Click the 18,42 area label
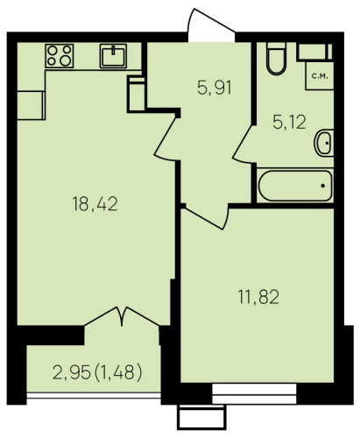pyautogui.click(x=95, y=204)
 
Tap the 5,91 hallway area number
pyautogui.click(x=215, y=88)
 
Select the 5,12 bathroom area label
pyautogui.click(x=289, y=122)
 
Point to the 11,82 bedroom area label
pyautogui.click(x=258, y=297)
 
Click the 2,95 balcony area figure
pyautogui.click(x=72, y=373)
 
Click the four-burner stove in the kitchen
pyautogui.click(x=60, y=56)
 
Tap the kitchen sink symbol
pyautogui.click(x=113, y=56)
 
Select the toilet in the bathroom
pyautogui.click(x=276, y=58)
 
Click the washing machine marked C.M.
pyautogui.click(x=320, y=75)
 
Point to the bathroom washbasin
pyautogui.click(x=324, y=143)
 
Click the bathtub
pyautogui.click(x=295, y=186)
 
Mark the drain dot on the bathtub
pyautogui.click(x=323, y=186)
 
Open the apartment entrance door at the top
pyautogui.click(x=211, y=25)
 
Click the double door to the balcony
pyautogui.click(x=122, y=316)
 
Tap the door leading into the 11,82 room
pyautogui.click(x=207, y=217)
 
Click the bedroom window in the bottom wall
pyautogui.click(x=254, y=394)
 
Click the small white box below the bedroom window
pyautogui.click(x=201, y=418)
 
